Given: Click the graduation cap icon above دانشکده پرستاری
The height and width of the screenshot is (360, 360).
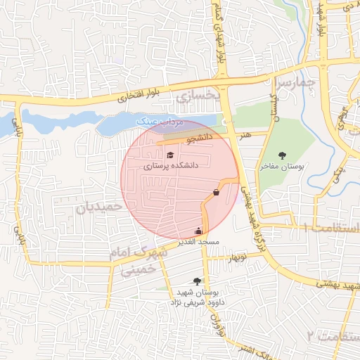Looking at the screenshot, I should tap(170, 155).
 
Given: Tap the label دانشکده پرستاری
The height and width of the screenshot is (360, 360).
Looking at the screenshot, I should tap(171, 167).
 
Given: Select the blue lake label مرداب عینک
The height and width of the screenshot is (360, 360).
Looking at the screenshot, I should tap(161, 122).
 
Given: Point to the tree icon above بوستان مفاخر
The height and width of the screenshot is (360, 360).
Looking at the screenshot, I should tap(282, 155).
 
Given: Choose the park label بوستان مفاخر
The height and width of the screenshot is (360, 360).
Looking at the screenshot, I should tap(281, 167).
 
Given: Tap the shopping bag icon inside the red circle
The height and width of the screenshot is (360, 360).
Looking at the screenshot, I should tap(216, 192).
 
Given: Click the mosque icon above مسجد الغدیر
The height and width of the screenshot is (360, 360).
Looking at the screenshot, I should tap(198, 231).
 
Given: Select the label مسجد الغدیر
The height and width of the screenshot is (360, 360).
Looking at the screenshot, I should tap(199, 243).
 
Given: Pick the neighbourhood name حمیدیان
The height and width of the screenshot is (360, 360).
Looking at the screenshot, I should tap(99, 208).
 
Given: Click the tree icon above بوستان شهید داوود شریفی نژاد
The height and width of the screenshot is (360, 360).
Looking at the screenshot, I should tap(197, 281).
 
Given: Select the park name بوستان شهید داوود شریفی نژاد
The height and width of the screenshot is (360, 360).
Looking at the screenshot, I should tap(193, 297).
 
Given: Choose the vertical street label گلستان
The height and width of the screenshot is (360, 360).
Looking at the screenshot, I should tap(275, 105).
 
